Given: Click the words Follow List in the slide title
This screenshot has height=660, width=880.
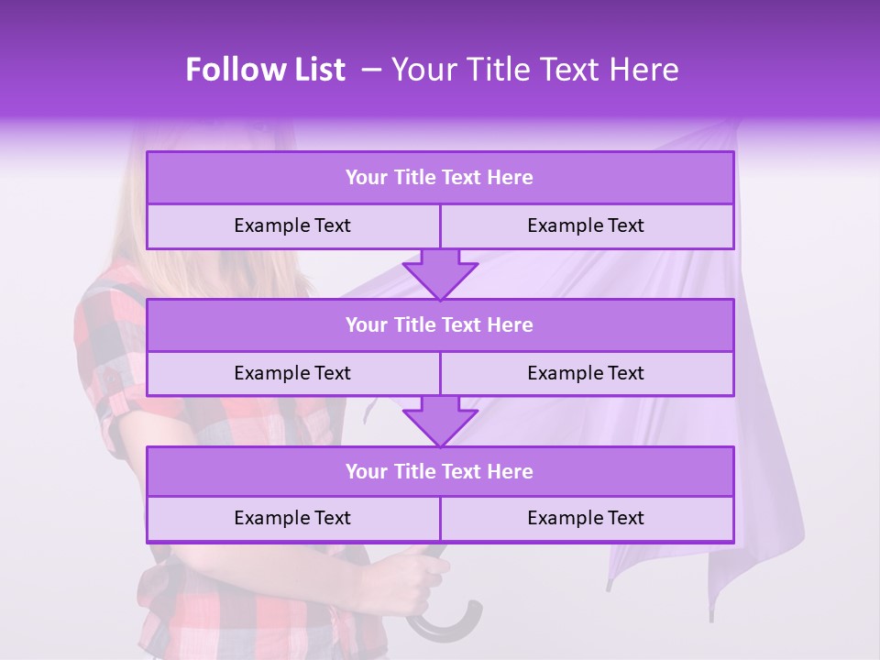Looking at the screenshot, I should pos(265,70).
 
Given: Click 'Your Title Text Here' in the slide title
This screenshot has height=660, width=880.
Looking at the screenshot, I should pos(534,70).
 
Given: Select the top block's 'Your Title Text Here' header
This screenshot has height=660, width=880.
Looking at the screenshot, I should pos(439,178).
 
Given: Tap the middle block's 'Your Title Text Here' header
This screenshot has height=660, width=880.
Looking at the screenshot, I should pos(439,324).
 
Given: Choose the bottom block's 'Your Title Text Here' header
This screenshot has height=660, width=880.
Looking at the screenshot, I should pos(439,471).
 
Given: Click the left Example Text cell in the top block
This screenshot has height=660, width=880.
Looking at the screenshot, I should pos(292,225).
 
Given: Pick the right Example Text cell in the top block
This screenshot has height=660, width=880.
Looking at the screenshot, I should pos(586,225).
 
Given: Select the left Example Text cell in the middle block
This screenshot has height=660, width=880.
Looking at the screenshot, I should pos(292,373).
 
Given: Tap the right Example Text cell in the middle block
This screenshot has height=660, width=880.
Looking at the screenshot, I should pos(586,373).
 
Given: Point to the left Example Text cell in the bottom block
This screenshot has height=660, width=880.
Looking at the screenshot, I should pos(292,518).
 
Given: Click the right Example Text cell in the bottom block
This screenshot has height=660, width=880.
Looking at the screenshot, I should pos(586,518).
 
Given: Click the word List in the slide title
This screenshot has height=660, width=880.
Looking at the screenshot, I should pos(315,70).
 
